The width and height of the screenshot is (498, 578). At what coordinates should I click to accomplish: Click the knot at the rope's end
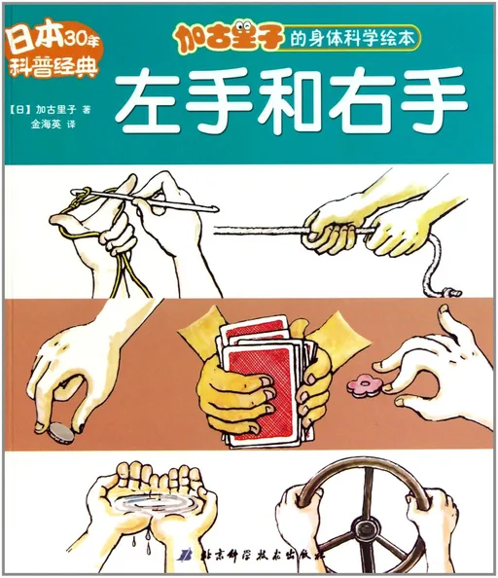(x=450, y=287)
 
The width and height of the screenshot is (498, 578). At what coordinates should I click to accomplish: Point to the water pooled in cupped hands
(x=147, y=503)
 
